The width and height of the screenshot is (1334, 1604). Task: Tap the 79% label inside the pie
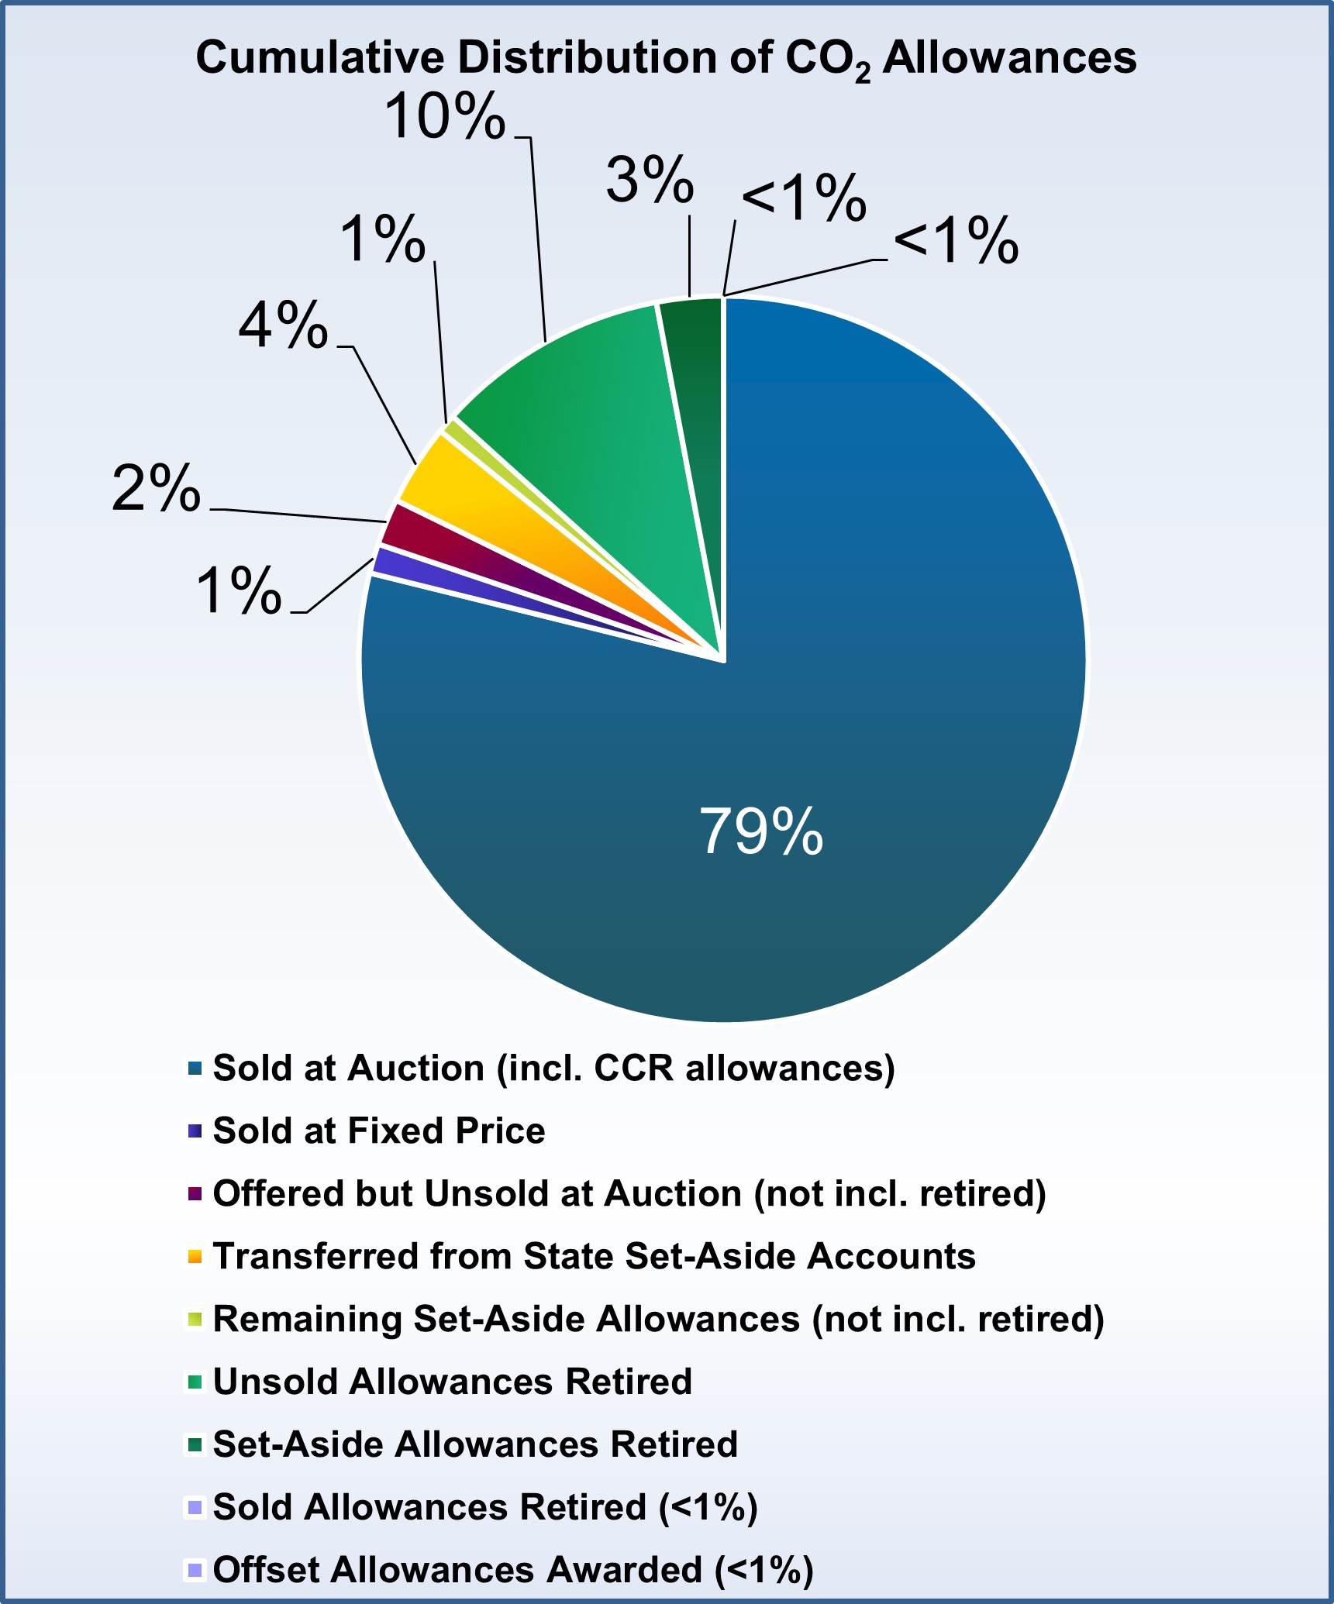click(x=760, y=831)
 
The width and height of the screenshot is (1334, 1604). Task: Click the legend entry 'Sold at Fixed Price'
click(x=378, y=1131)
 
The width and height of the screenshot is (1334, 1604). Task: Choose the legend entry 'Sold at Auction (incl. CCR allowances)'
click(x=553, y=1068)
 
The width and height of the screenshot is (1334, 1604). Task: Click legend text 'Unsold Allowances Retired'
click(x=452, y=1382)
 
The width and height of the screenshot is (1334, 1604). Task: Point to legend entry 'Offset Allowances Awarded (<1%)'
click(x=512, y=1570)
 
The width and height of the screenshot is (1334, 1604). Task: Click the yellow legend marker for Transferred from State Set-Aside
click(x=194, y=1257)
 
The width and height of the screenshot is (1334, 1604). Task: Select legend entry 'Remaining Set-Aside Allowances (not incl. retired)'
click(x=658, y=1319)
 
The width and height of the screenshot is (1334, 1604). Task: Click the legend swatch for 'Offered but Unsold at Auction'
click(x=194, y=1194)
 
